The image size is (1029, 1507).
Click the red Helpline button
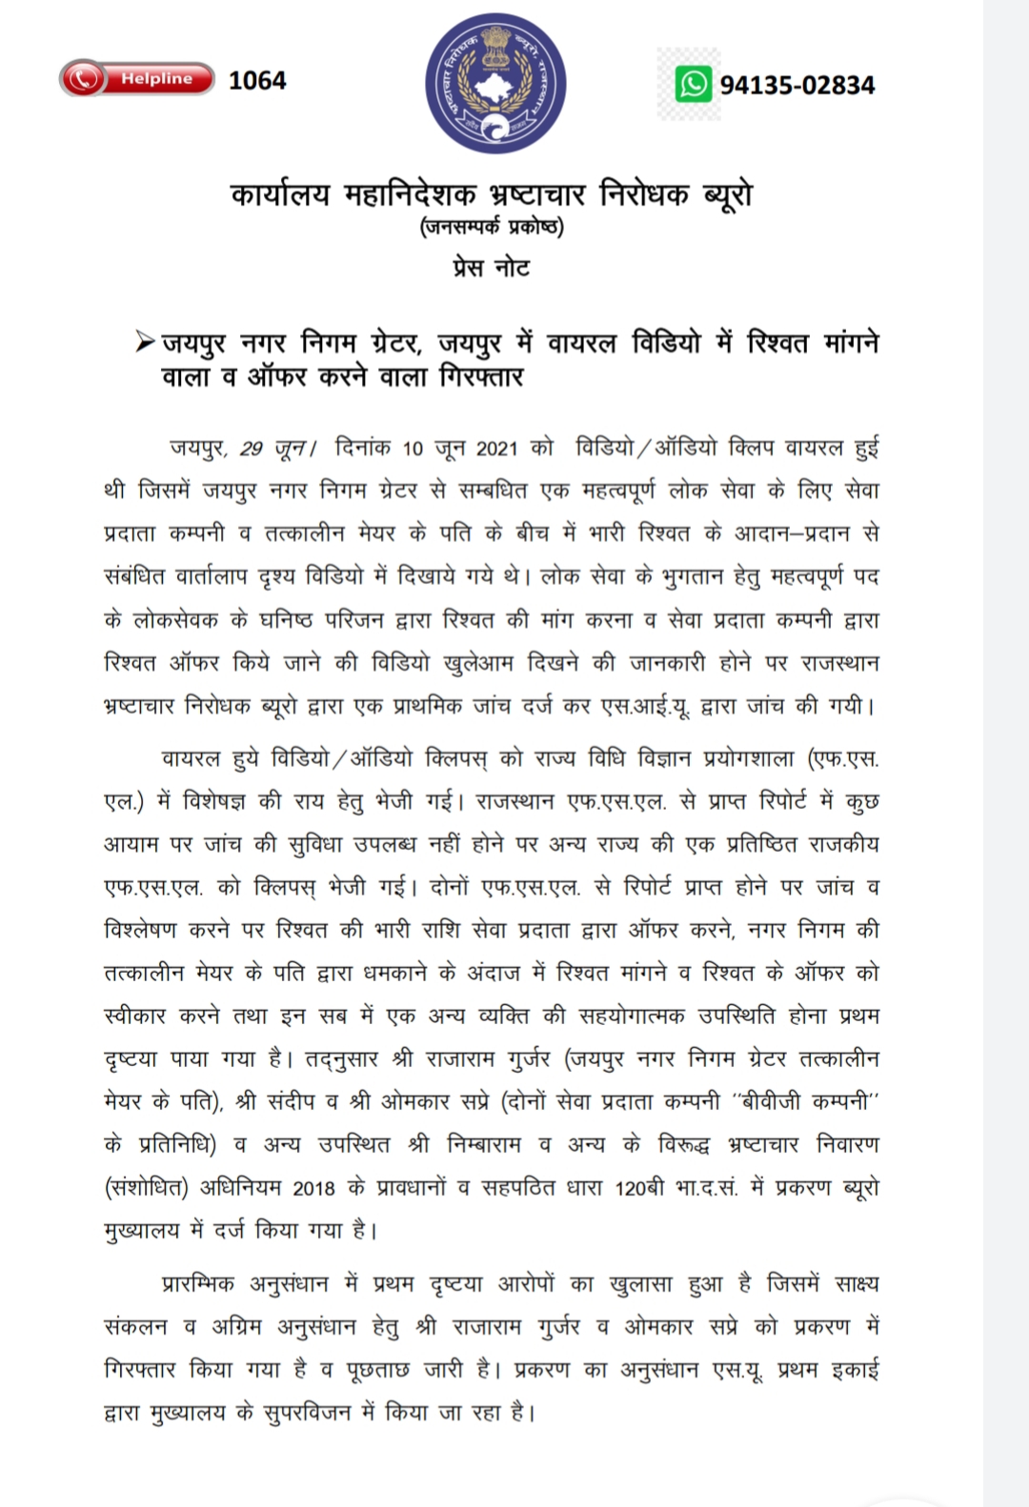pyautogui.click(x=136, y=79)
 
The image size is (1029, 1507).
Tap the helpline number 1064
pyautogui.click(x=257, y=81)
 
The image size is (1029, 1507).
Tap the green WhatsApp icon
pyautogui.click(x=694, y=84)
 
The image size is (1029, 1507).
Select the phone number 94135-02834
pyautogui.click(x=797, y=86)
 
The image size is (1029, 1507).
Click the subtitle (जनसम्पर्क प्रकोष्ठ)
pyautogui.click(x=492, y=228)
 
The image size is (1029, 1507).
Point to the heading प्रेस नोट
pyautogui.click(x=492, y=268)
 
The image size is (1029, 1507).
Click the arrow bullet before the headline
pyautogui.click(x=145, y=340)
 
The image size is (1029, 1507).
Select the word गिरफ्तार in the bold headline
pyautogui.click(x=481, y=377)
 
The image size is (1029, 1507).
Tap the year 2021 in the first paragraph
pyautogui.click(x=496, y=448)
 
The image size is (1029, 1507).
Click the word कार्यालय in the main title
pyautogui.click(x=280, y=194)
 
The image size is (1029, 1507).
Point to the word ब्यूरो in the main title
pyautogui.click(x=726, y=194)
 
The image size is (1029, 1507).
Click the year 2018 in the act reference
pyautogui.click(x=313, y=1188)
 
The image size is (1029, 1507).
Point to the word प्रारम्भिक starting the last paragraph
pyautogui.click(x=198, y=1284)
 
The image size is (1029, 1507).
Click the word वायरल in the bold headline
pyautogui.click(x=581, y=342)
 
